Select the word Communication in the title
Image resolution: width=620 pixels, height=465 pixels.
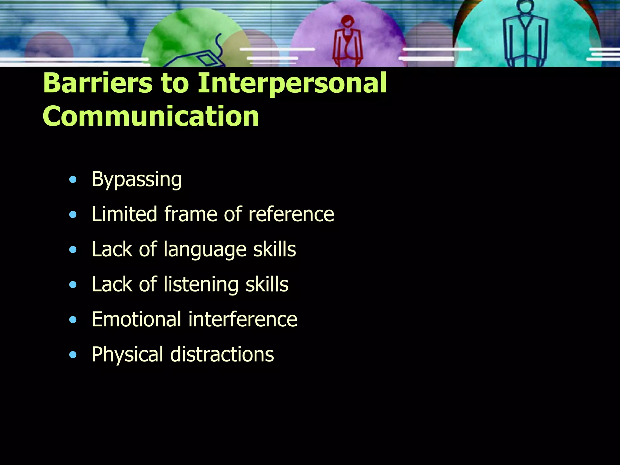(151, 116)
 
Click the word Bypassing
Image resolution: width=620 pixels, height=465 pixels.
(137, 180)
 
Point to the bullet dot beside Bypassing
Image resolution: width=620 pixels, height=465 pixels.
(73, 180)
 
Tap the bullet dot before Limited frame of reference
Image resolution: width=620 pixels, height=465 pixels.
(73, 215)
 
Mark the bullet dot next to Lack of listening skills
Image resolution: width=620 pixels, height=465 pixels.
(73, 285)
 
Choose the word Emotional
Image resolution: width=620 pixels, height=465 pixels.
(137, 319)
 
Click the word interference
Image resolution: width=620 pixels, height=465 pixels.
(243, 319)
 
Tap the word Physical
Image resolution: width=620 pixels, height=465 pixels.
(127, 355)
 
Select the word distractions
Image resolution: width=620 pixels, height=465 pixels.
(222, 355)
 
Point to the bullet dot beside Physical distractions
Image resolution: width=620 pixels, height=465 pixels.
(73, 355)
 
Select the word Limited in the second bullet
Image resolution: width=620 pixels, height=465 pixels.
(124, 214)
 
